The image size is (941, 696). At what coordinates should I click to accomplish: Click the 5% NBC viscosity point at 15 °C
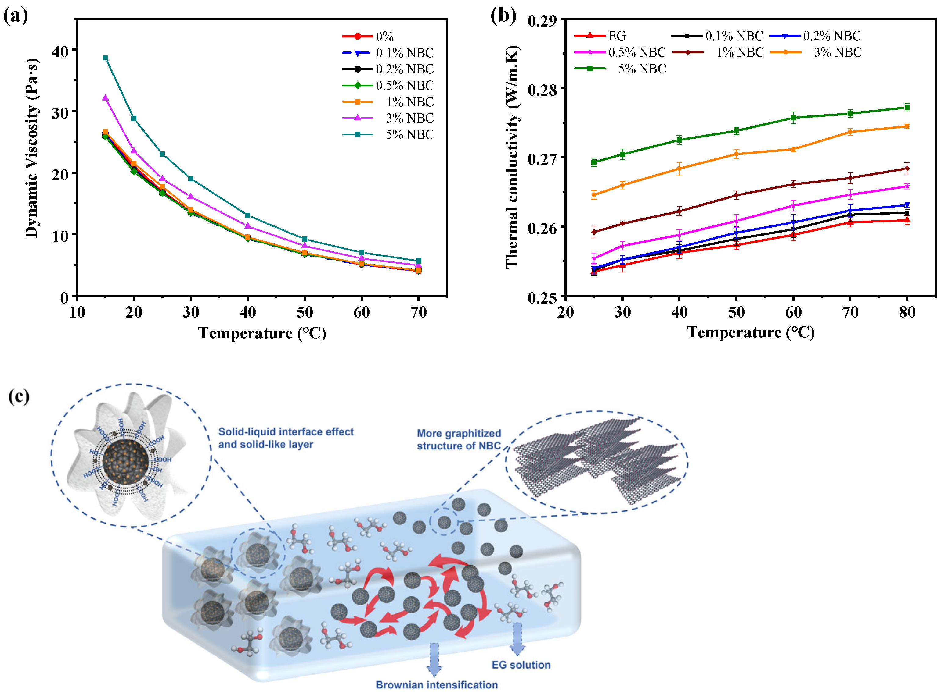(106, 58)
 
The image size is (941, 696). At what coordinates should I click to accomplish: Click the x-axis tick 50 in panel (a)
(304, 312)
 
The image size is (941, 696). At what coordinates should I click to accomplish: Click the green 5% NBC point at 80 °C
(907, 108)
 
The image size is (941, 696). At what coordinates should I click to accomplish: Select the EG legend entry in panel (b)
(617, 36)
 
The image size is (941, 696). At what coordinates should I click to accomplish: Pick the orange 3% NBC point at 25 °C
(594, 195)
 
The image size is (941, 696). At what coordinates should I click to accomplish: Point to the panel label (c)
(19, 396)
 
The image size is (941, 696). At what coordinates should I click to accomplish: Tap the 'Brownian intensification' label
(437, 685)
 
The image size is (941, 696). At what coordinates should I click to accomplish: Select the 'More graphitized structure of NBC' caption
(459, 439)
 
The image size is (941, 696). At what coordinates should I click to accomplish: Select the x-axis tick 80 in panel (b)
(907, 312)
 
